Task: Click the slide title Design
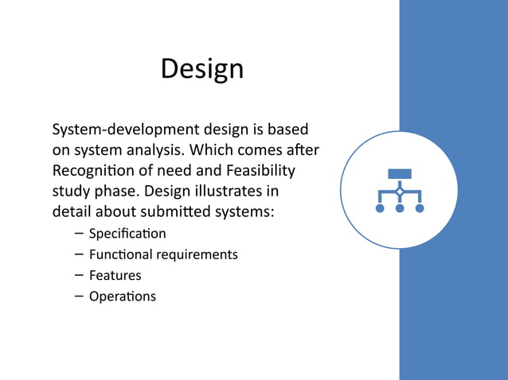201,69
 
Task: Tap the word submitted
170,212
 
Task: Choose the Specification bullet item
127,234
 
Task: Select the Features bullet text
115,275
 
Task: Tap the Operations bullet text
123,297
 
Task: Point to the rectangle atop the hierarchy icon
399,174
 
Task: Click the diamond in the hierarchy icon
399,192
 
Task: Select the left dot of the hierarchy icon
379,208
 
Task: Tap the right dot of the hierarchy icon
420,208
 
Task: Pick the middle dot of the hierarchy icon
399,208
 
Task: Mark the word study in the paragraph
71,192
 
